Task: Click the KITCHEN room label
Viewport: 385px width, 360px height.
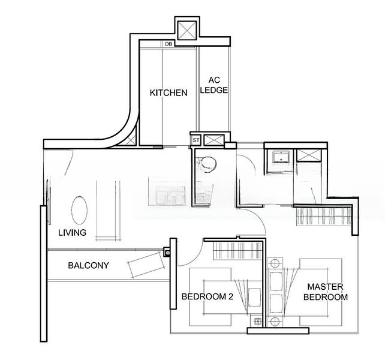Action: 168,93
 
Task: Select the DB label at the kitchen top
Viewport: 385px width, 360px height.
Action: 169,44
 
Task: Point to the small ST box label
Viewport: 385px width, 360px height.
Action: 195,140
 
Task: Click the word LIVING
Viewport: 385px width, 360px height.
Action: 72,233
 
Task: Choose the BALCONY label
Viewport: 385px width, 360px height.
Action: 88,265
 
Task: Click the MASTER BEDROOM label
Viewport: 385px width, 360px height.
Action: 325,292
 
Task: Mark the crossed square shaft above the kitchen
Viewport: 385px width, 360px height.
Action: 187,29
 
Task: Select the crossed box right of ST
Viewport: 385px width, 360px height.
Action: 213,140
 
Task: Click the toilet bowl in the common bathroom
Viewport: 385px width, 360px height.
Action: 207,163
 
